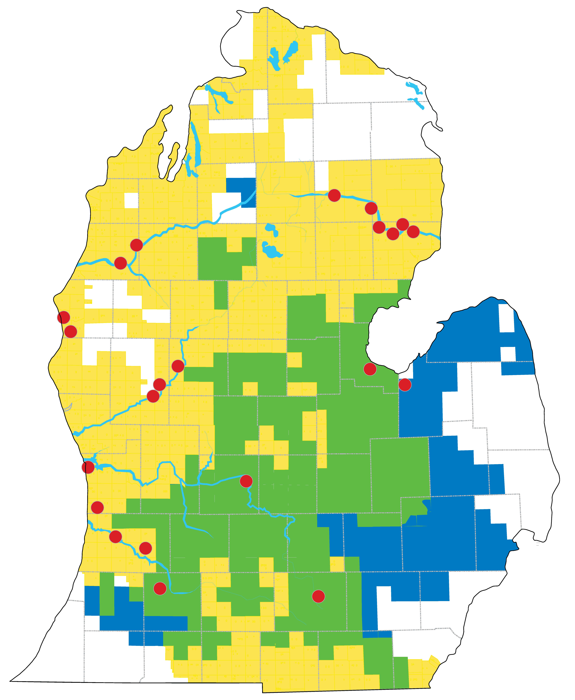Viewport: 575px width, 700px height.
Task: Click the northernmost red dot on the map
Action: (334, 195)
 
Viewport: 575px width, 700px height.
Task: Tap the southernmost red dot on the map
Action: (318, 596)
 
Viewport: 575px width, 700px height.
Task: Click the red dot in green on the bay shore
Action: (370, 369)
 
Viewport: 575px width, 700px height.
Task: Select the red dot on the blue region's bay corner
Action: (405, 385)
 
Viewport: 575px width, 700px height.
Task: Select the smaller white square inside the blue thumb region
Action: (508, 354)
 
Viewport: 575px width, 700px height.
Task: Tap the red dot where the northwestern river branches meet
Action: (136, 245)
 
